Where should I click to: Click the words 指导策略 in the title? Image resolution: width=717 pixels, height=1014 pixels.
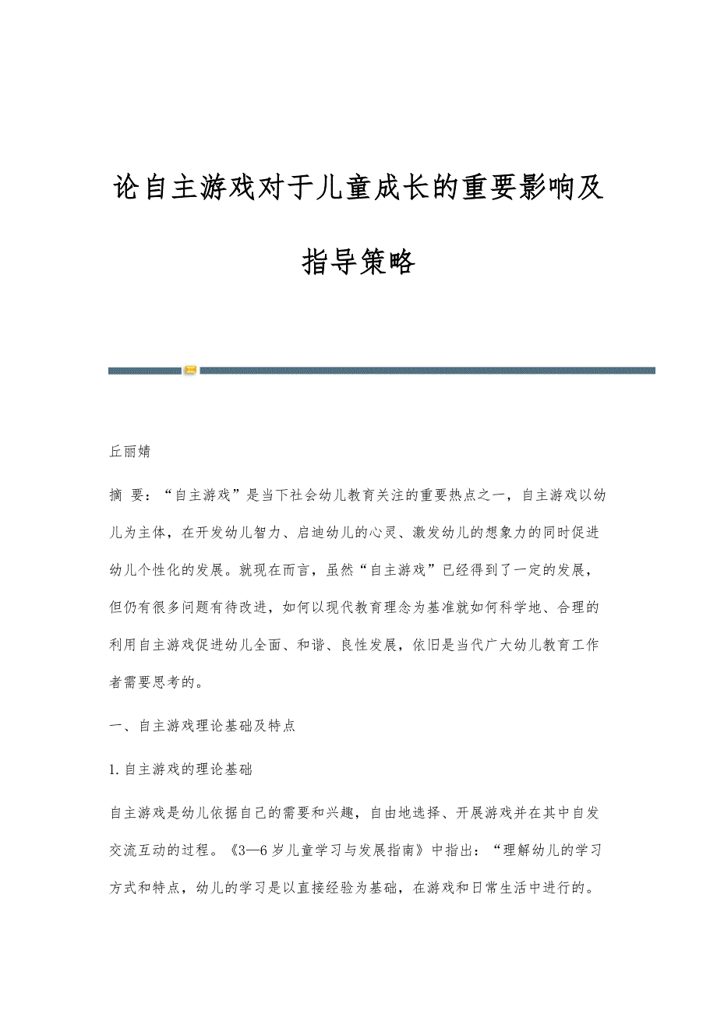point(358,262)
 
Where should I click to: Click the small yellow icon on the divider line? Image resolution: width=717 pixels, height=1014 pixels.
point(191,370)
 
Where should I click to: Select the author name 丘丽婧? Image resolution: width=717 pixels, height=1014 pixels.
point(130,451)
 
